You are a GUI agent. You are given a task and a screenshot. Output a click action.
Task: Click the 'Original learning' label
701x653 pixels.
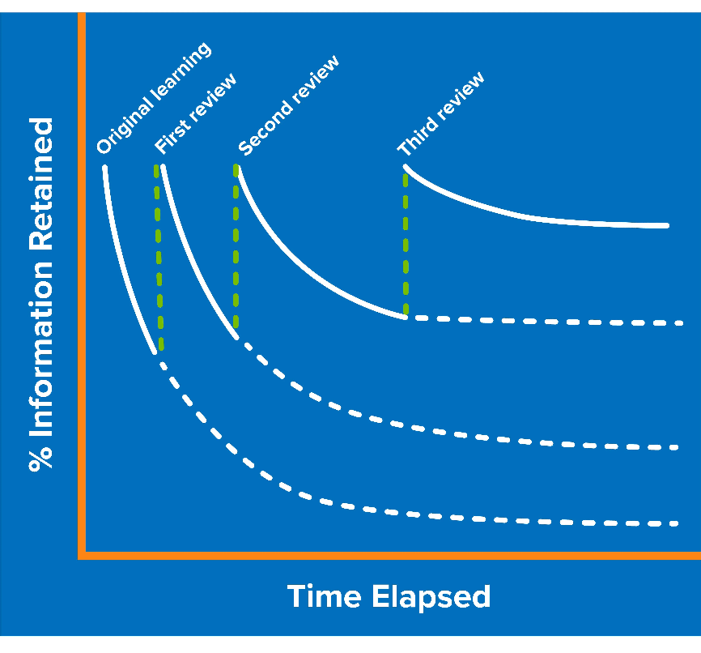click(x=154, y=98)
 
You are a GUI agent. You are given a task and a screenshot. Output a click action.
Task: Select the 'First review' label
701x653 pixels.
click(x=196, y=113)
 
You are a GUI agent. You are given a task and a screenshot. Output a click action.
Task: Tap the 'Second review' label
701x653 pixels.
click(x=288, y=105)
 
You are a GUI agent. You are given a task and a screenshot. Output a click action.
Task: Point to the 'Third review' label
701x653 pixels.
click(x=441, y=113)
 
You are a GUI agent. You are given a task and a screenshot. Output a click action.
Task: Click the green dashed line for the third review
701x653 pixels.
click(x=405, y=243)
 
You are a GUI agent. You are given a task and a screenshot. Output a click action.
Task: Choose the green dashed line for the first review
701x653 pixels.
click(x=159, y=259)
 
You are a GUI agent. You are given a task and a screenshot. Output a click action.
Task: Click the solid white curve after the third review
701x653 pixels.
click(x=526, y=216)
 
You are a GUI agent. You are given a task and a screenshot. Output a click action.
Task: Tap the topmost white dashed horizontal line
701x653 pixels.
click(x=550, y=321)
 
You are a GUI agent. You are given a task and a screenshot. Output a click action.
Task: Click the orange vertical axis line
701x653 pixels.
click(x=82, y=284)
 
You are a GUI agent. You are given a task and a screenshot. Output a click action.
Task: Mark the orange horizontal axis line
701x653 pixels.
click(x=389, y=555)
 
